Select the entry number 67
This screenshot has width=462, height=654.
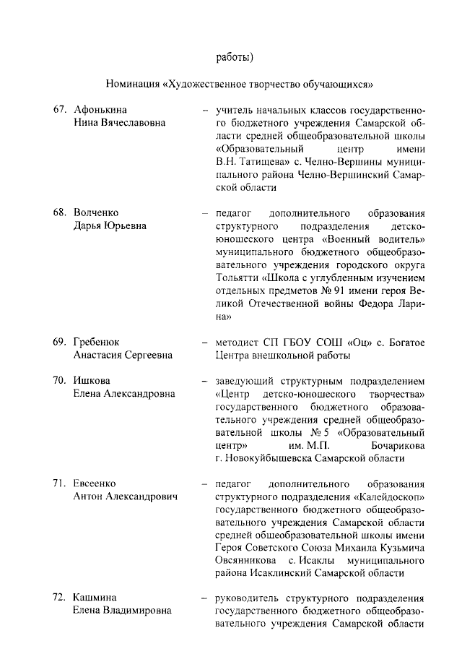60,110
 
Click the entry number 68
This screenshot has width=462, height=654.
60,213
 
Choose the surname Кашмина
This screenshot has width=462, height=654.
95,598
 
